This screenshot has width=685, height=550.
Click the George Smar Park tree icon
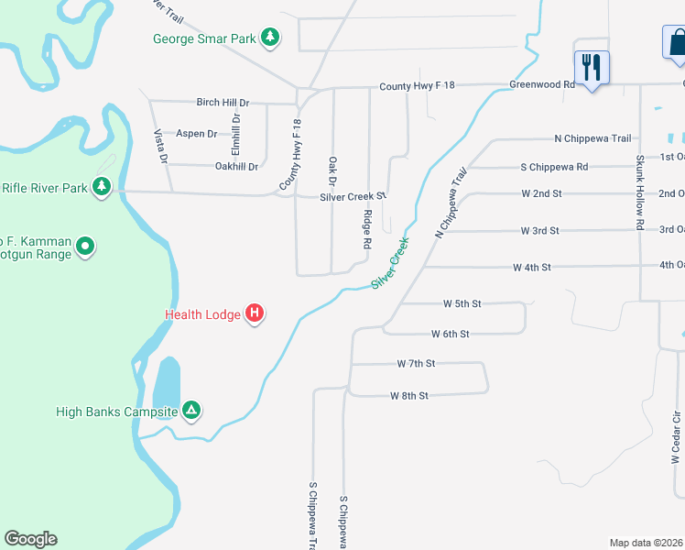pos(270,38)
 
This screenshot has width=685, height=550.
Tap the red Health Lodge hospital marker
pos(256,314)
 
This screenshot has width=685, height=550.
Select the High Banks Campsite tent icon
pos(190,411)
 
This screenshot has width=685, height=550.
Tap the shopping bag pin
pos(677,42)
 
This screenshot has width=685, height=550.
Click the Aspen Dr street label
pos(196,134)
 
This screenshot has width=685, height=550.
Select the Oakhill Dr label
pos(236,167)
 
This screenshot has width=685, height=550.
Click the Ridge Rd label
pos(367,230)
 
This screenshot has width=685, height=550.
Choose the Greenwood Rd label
pos(542,85)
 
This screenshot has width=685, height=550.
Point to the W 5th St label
pos(462,303)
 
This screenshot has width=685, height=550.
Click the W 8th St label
pos(408,396)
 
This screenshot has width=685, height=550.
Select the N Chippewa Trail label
pos(593,139)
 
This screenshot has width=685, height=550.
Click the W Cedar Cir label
pos(676,440)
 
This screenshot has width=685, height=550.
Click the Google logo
pos(30,539)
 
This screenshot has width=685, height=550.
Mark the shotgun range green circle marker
pos(85,246)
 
